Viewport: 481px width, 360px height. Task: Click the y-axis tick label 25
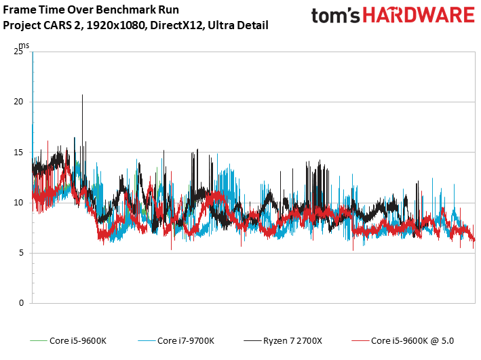(x=18, y=52)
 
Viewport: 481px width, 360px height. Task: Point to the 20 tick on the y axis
(x=18, y=102)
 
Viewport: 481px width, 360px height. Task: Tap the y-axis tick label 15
(x=18, y=153)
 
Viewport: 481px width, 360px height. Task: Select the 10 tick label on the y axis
(x=18, y=203)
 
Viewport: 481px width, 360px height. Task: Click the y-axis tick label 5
(x=21, y=253)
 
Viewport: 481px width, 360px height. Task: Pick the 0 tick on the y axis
(x=21, y=303)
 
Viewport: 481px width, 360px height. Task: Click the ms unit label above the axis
(x=24, y=45)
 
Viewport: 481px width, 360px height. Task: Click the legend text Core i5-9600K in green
(x=78, y=341)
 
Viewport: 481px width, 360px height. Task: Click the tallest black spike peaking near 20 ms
(x=82, y=95)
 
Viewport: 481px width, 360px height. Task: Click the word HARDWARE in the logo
(x=419, y=16)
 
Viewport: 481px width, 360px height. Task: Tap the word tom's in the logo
(x=335, y=16)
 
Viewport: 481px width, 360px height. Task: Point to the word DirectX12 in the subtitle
(x=176, y=25)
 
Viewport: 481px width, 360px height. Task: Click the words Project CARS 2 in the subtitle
(x=41, y=26)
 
